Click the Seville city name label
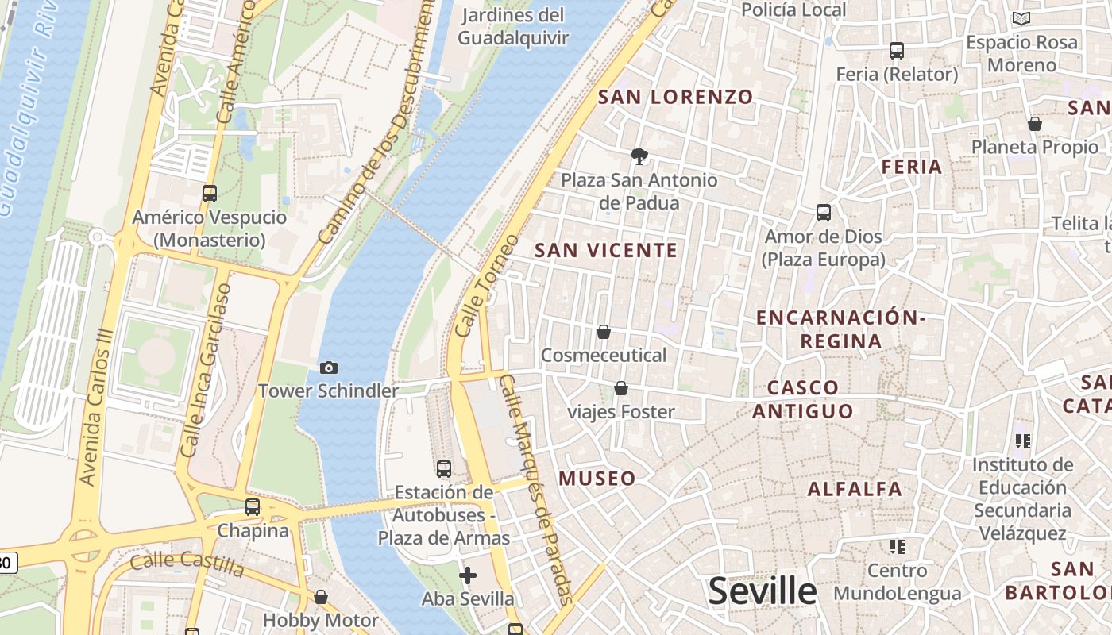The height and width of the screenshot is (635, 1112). tap(762, 591)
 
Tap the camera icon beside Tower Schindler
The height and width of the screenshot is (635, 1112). tap(329, 368)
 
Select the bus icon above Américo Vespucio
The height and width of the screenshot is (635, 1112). tap(210, 193)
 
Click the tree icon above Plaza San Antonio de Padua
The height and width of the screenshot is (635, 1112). tap(639, 156)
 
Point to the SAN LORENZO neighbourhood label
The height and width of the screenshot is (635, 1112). tap(675, 97)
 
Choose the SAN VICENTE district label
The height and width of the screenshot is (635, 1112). tap(606, 250)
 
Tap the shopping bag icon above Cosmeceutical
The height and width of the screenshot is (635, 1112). tap(604, 332)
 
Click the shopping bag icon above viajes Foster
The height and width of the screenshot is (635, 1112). tap(621, 388)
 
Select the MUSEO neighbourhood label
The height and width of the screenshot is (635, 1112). tap(597, 478)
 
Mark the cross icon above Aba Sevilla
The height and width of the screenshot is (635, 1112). tap(468, 575)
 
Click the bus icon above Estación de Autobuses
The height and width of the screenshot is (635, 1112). tap(444, 468)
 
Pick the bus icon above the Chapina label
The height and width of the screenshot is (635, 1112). tap(253, 506)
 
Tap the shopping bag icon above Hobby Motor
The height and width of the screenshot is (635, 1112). tap(321, 596)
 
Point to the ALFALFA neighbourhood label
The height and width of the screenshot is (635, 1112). tap(855, 488)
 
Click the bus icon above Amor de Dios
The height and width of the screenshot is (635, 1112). tap(824, 213)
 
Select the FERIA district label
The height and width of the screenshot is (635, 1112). tap(912, 167)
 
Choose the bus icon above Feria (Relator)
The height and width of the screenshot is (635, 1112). tap(897, 51)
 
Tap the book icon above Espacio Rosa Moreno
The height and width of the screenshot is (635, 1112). tap(1021, 18)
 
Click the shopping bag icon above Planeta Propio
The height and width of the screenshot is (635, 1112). tap(1035, 124)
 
